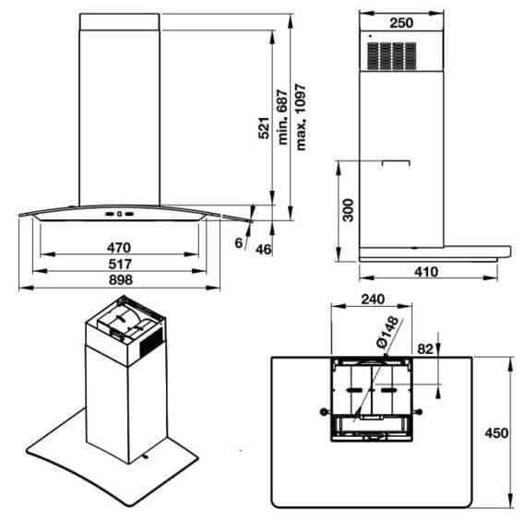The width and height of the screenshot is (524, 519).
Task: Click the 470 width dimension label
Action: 119,247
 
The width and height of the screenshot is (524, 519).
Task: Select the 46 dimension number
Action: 262,249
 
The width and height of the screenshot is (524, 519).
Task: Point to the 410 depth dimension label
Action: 426,272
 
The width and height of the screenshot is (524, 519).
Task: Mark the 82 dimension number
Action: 425,348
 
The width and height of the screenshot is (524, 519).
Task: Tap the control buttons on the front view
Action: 119,215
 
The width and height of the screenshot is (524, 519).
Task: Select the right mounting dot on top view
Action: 421,411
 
